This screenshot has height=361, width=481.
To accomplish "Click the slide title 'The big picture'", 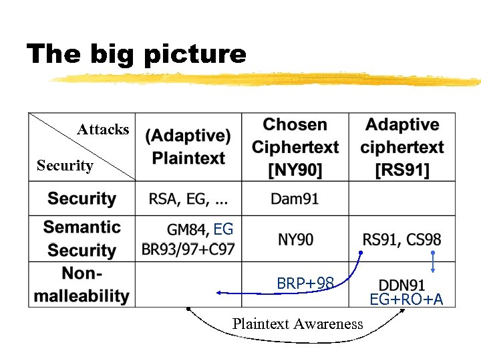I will [136, 53].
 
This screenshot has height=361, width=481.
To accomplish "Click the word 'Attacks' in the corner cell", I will [103, 129].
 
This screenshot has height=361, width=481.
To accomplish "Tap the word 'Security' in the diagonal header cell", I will [65, 165].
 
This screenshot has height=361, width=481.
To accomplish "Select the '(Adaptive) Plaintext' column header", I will [188, 147].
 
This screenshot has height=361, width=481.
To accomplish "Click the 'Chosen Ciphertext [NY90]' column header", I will [295, 147].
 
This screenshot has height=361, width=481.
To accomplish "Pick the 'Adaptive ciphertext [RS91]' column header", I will [402, 147].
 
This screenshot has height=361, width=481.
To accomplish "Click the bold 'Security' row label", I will [82, 199].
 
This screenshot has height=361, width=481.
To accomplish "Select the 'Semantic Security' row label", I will [82, 239].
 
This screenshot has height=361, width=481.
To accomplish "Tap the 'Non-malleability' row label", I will [82, 284].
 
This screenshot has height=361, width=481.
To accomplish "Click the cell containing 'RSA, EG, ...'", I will [188, 199].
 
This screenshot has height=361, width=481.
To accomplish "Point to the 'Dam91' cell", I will [295, 199].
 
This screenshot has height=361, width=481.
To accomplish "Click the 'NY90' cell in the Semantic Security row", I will [295, 239].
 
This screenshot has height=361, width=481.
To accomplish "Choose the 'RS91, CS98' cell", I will [402, 239].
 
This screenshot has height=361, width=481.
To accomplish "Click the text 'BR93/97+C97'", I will [188, 249].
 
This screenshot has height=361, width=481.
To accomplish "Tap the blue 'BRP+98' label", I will [305, 283].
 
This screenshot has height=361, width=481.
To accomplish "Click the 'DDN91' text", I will [402, 285].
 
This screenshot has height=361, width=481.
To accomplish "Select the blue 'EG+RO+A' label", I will [407, 299].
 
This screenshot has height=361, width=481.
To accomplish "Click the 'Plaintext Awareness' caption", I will [297, 324].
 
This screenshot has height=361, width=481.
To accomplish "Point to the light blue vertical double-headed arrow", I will [433, 262].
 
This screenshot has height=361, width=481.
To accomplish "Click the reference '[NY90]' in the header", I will [295, 170].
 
